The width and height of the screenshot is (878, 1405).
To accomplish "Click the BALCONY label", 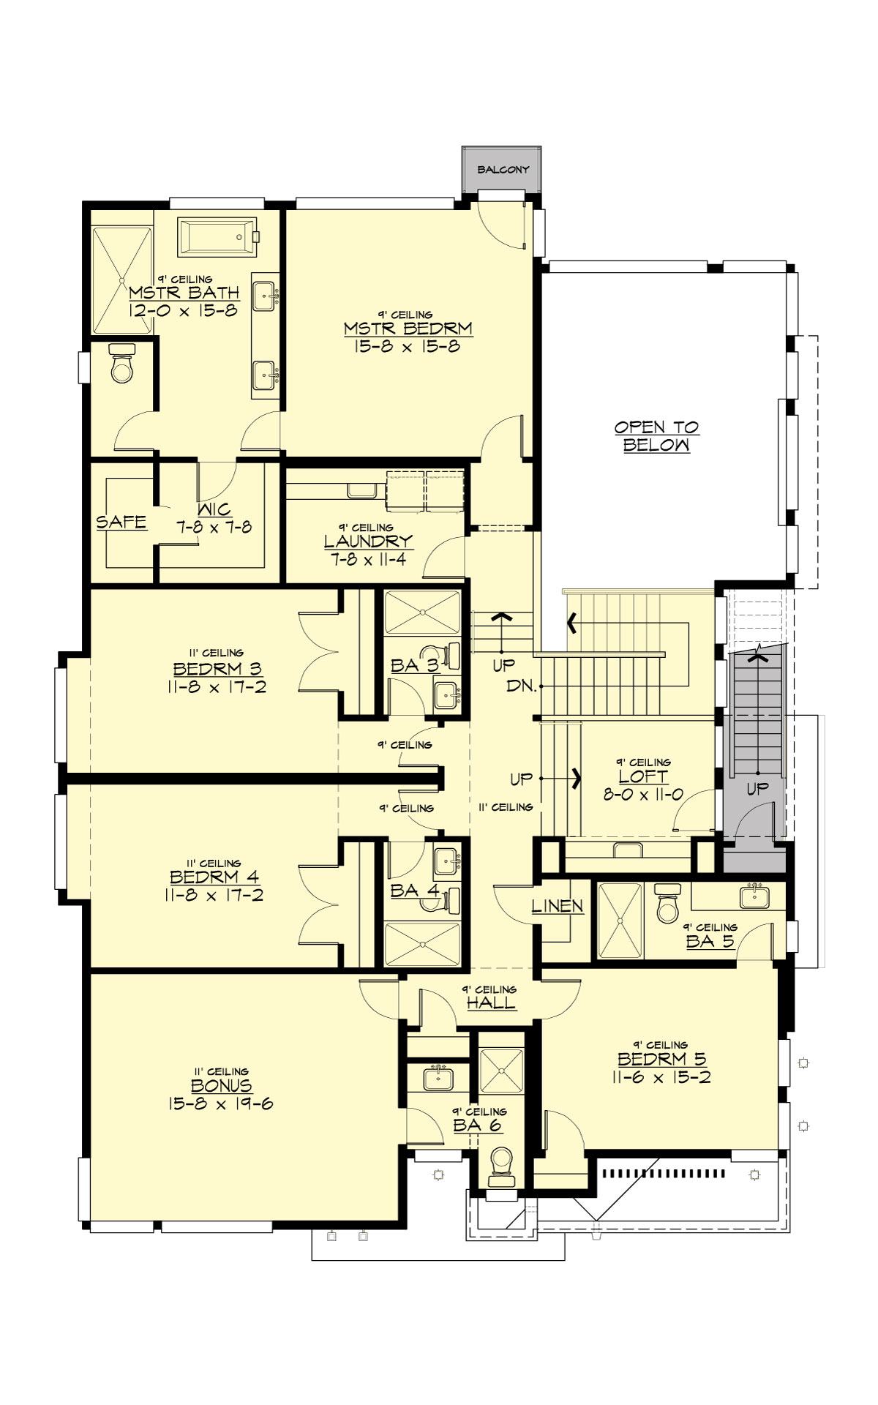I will click(503, 170).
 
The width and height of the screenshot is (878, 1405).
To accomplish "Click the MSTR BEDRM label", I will click(408, 329).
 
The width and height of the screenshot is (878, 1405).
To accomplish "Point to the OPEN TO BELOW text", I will click(656, 436).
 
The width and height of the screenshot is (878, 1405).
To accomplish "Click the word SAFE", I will click(121, 522).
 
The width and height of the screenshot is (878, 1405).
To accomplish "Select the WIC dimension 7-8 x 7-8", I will click(214, 527).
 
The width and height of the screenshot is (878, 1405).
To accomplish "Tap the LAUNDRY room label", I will click(368, 542).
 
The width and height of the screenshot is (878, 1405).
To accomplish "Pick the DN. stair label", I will click(522, 687).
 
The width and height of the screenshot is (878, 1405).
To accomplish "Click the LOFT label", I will click(643, 776).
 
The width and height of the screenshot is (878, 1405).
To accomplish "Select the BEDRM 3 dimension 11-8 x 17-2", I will click(217, 687).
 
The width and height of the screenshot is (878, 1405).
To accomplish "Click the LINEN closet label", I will click(558, 906).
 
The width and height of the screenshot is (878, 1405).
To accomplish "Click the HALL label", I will click(491, 1003).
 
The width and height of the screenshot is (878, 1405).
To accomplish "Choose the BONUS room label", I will click(221, 1086).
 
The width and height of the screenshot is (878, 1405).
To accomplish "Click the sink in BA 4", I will click(444, 861).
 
